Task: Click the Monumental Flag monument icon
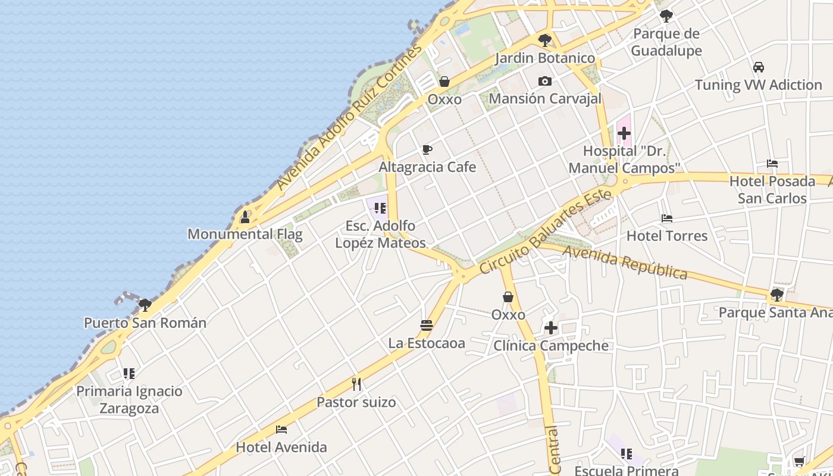[245, 217]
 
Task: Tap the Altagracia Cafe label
[427, 167]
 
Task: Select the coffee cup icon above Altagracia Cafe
[427, 150]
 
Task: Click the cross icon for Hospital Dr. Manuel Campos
[624, 133]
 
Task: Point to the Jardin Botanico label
[544, 58]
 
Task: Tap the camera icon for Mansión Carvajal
[544, 82]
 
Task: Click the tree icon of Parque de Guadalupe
[666, 16]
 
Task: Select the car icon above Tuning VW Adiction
[758, 67]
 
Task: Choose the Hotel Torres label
[666, 236]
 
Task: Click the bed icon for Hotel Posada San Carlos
[772, 164]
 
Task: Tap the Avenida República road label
[625, 262]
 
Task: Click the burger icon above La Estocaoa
[426, 325]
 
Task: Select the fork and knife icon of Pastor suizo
[356, 384]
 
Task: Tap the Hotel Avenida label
[281, 447]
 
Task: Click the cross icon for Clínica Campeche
[550, 328]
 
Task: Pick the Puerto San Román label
[145, 323]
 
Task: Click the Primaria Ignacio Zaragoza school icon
[129, 374]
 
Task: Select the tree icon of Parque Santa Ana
[776, 295]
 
